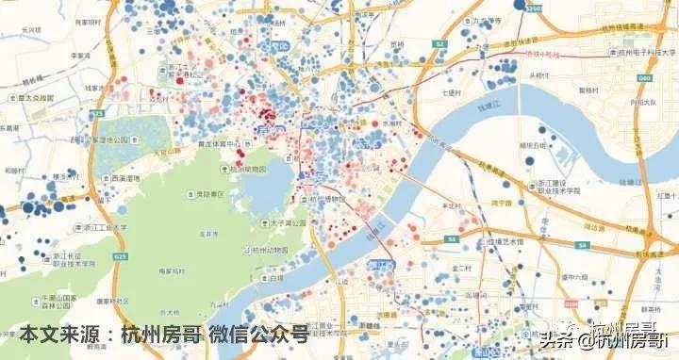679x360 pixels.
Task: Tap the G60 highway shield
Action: (645, 78)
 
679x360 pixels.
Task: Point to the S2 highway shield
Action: (439, 43)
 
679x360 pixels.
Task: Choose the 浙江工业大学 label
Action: (103, 227)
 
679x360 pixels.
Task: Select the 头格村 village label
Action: (538, 74)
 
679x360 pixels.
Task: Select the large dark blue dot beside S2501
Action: (520, 5)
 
